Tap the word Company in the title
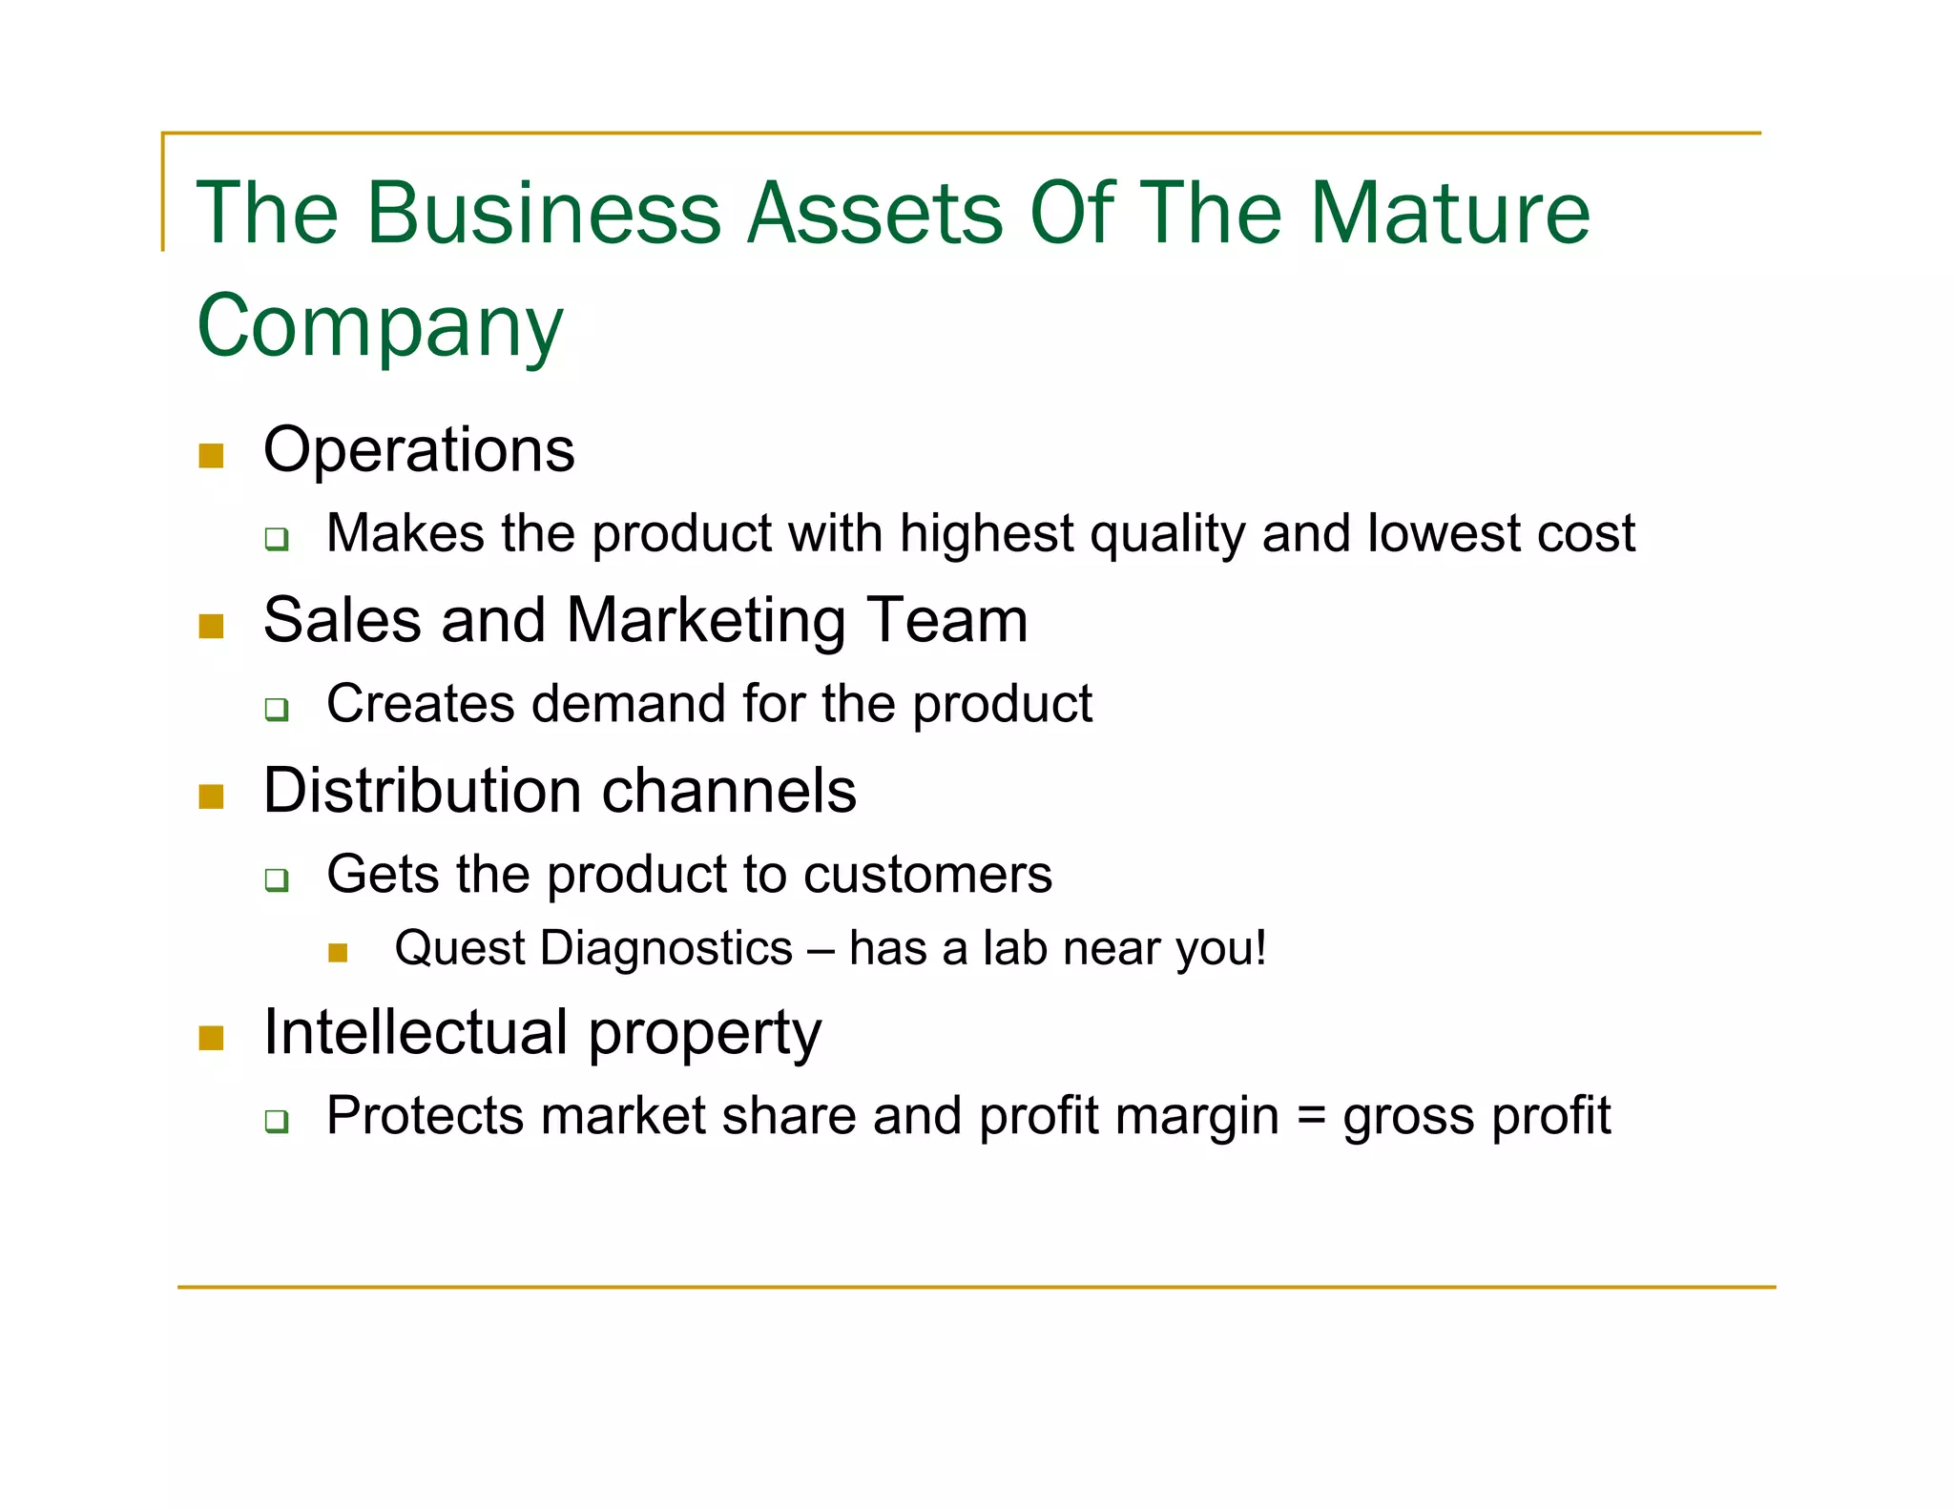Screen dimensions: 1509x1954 pos(380,326)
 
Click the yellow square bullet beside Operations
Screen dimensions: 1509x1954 pos(211,455)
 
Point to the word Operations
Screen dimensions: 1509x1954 pos(419,450)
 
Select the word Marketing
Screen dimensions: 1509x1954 pos(706,621)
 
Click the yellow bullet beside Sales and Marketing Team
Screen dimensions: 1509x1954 pos(211,626)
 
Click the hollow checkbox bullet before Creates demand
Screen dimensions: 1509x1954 pos(277,709)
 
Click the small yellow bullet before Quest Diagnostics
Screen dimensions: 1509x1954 pos(338,952)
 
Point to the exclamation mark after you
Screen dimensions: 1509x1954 pos(1260,948)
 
